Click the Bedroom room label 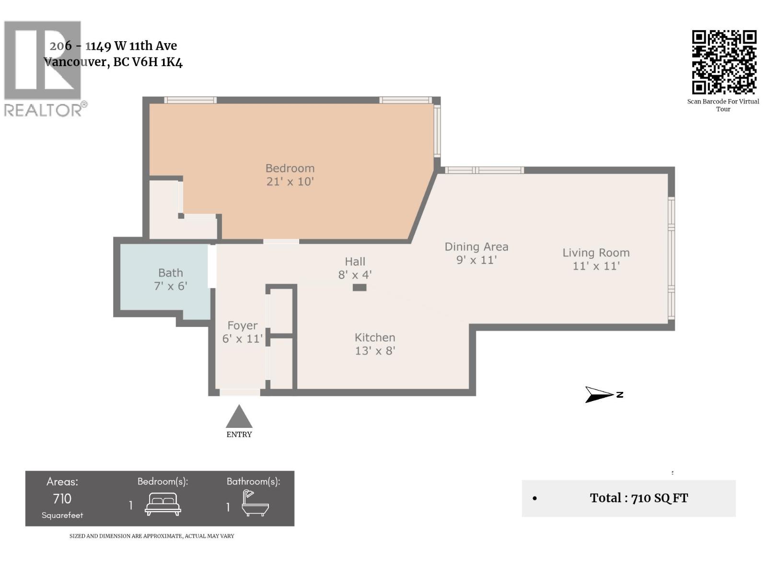pyautogui.click(x=290, y=168)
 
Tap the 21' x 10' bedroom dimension pyautogui.click(x=290, y=182)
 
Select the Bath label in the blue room pyautogui.click(x=171, y=273)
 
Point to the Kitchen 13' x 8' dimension pyautogui.click(x=375, y=351)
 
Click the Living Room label pyautogui.click(x=596, y=253)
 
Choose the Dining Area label pyautogui.click(x=476, y=247)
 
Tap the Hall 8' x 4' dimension pyautogui.click(x=355, y=275)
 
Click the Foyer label pyautogui.click(x=242, y=325)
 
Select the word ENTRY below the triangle pyautogui.click(x=239, y=435)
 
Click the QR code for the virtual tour pyautogui.click(x=724, y=62)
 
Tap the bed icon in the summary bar pyautogui.click(x=163, y=504)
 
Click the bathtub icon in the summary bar pyautogui.click(x=254, y=503)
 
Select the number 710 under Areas pyautogui.click(x=62, y=499)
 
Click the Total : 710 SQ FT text pyautogui.click(x=639, y=498)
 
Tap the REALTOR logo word pyautogui.click(x=43, y=110)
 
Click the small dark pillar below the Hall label pyautogui.click(x=360, y=287)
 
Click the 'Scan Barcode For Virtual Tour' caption pyautogui.click(x=723, y=105)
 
